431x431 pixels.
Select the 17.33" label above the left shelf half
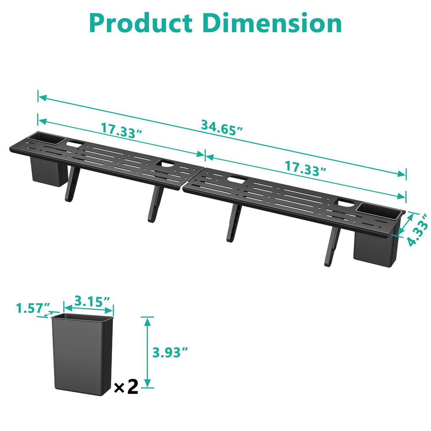click(121, 129)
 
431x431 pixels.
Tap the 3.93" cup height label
click(170, 352)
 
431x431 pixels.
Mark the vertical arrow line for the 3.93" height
click(147, 352)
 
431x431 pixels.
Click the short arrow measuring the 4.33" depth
click(404, 224)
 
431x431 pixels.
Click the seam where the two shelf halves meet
click(186, 180)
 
